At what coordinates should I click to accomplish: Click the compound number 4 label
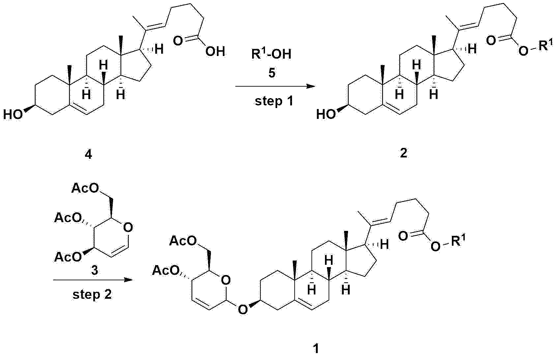point(88,155)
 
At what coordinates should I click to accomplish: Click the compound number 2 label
point(403,153)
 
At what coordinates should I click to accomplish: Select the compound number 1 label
point(316,349)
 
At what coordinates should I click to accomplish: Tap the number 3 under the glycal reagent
point(95,270)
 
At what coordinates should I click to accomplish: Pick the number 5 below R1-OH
point(272,73)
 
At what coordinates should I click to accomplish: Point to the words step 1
point(274,101)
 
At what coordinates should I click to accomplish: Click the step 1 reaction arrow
point(275,87)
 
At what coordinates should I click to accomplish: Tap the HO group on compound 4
point(13,115)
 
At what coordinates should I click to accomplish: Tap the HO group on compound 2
point(326,115)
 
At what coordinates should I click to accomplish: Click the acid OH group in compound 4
point(215,52)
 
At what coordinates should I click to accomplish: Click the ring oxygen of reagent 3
point(128,227)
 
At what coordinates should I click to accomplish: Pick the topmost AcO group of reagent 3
point(85,189)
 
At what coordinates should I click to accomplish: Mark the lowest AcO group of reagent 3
point(68,257)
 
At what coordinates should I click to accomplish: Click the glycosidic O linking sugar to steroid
point(243,310)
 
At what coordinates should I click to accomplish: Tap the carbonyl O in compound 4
point(178,41)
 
